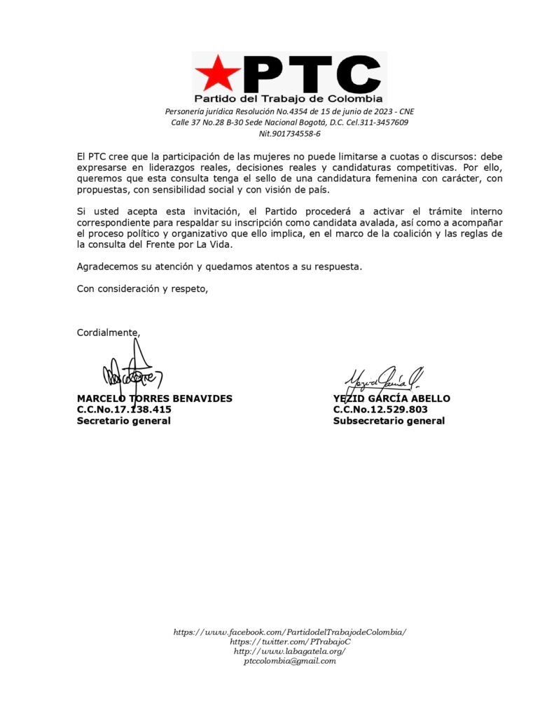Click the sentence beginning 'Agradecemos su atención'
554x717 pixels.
[x=219, y=266]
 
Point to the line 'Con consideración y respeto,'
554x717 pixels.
[x=142, y=288]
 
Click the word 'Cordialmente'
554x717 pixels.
[x=108, y=333]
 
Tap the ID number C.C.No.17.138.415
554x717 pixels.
[x=124, y=410]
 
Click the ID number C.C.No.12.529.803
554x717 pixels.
[x=380, y=410]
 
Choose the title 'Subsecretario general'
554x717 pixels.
[x=389, y=421]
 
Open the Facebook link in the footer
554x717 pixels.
[x=289, y=632]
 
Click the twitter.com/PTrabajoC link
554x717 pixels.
[x=289, y=641]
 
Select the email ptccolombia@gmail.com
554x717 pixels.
[x=289, y=660]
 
